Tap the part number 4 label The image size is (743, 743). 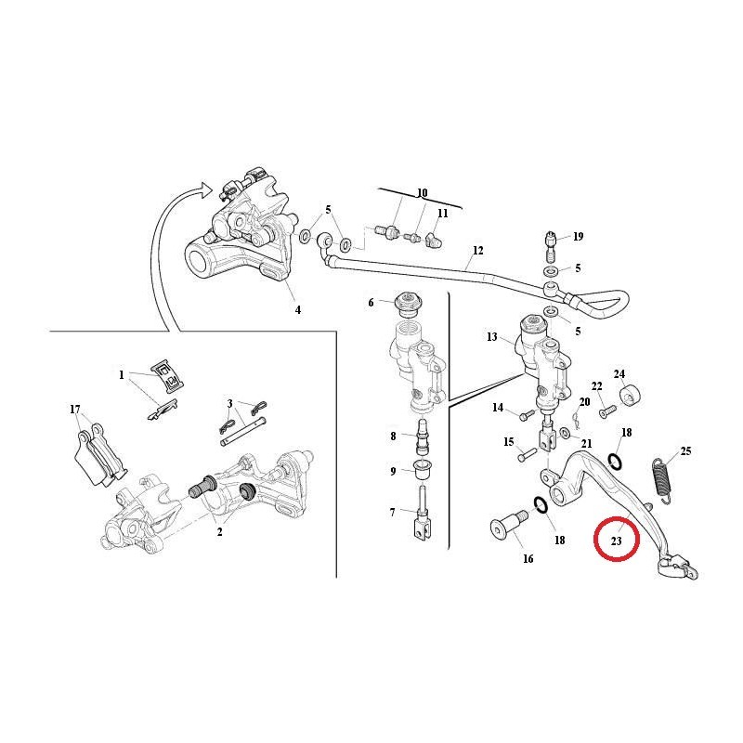coord(297,310)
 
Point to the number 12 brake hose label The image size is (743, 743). coord(478,251)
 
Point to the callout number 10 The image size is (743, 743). coord(422,193)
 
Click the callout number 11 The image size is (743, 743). coord(443,213)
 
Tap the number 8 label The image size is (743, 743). coord(393,435)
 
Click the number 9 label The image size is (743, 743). coord(393,471)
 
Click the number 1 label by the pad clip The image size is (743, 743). coord(121,375)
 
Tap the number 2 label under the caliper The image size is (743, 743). coord(219,531)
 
